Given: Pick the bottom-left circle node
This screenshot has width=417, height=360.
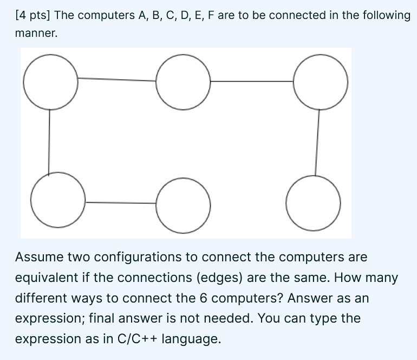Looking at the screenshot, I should [x=57, y=201].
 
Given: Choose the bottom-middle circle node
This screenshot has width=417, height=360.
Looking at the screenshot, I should [x=183, y=203].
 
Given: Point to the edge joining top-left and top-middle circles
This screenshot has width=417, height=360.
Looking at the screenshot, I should [x=116, y=80].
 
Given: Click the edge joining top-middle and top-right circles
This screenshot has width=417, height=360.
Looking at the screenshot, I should [x=252, y=81].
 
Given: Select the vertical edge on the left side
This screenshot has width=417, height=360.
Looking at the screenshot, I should [x=50, y=141].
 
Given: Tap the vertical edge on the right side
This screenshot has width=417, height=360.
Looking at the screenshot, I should [x=317, y=142].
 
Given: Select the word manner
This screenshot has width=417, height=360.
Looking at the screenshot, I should [x=35, y=34].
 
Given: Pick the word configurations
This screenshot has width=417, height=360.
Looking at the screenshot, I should [x=127, y=257].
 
